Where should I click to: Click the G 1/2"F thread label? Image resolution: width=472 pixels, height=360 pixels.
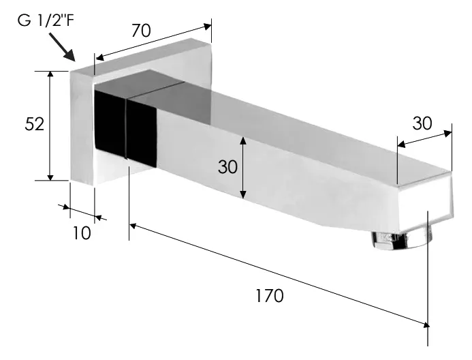(x=46, y=20)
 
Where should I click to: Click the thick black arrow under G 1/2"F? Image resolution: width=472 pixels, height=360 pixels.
(x=62, y=47)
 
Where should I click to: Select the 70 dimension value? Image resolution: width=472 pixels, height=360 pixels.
(x=141, y=31)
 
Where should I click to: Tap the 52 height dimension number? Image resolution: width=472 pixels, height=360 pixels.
(x=34, y=124)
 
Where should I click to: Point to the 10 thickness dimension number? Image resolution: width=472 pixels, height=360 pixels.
(x=82, y=233)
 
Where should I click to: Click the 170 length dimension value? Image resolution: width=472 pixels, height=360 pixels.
(x=270, y=295)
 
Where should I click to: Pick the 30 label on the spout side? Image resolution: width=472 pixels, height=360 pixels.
(x=227, y=166)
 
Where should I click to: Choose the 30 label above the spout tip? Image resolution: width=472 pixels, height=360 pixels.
(x=422, y=123)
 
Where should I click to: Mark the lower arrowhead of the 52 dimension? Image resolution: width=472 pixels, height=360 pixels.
(x=50, y=177)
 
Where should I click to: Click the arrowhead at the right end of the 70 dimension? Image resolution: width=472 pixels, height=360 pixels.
(x=208, y=27)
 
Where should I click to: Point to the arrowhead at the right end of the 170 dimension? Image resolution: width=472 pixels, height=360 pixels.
(x=425, y=325)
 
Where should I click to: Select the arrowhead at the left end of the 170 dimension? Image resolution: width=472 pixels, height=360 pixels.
(x=133, y=225)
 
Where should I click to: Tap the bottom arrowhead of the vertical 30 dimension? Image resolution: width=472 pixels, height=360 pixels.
(x=244, y=195)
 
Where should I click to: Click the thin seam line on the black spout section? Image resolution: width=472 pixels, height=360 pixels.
(x=125, y=128)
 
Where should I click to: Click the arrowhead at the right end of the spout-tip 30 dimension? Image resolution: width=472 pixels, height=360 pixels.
(x=448, y=133)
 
